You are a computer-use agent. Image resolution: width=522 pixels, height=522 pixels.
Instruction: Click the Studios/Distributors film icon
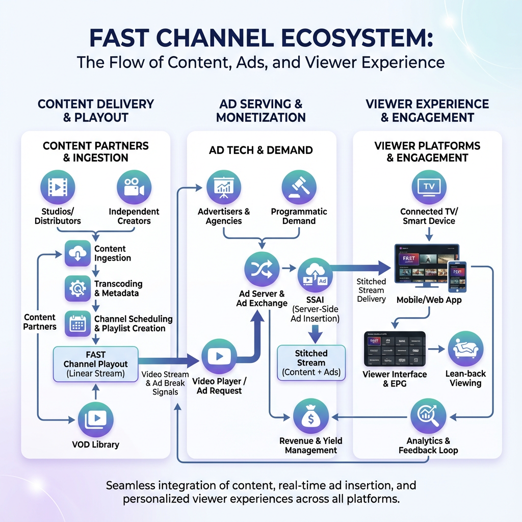point(57,187)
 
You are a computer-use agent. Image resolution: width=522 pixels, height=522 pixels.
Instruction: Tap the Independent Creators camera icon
point(134,187)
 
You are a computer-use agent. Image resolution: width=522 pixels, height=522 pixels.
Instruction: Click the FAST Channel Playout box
point(96,364)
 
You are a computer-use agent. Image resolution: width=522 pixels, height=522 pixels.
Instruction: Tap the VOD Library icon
point(96,419)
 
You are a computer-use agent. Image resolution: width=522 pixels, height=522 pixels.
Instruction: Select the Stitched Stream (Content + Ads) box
point(311,363)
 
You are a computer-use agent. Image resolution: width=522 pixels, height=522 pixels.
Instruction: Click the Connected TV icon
point(429,187)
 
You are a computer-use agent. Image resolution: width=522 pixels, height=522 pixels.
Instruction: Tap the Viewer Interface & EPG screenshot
point(395,349)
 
